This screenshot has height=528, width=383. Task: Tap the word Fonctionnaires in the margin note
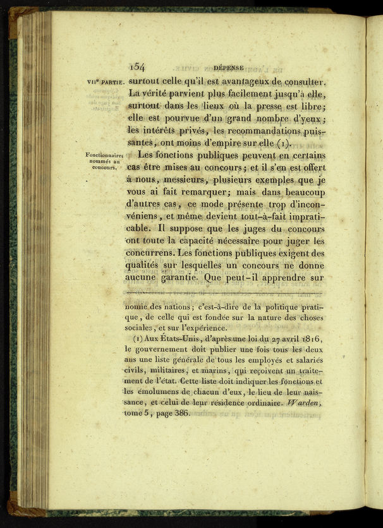click(x=104, y=155)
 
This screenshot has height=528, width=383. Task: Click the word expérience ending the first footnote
click(x=204, y=328)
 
